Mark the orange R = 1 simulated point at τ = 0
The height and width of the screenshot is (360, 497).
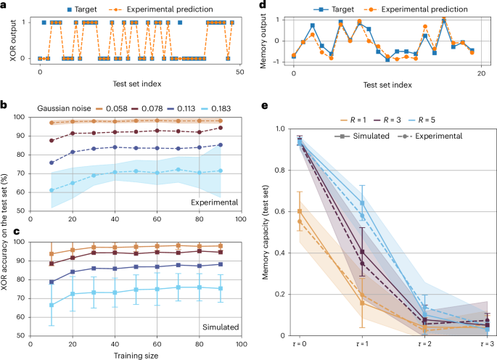[300, 211]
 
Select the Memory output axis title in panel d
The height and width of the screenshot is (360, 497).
[265, 41]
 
